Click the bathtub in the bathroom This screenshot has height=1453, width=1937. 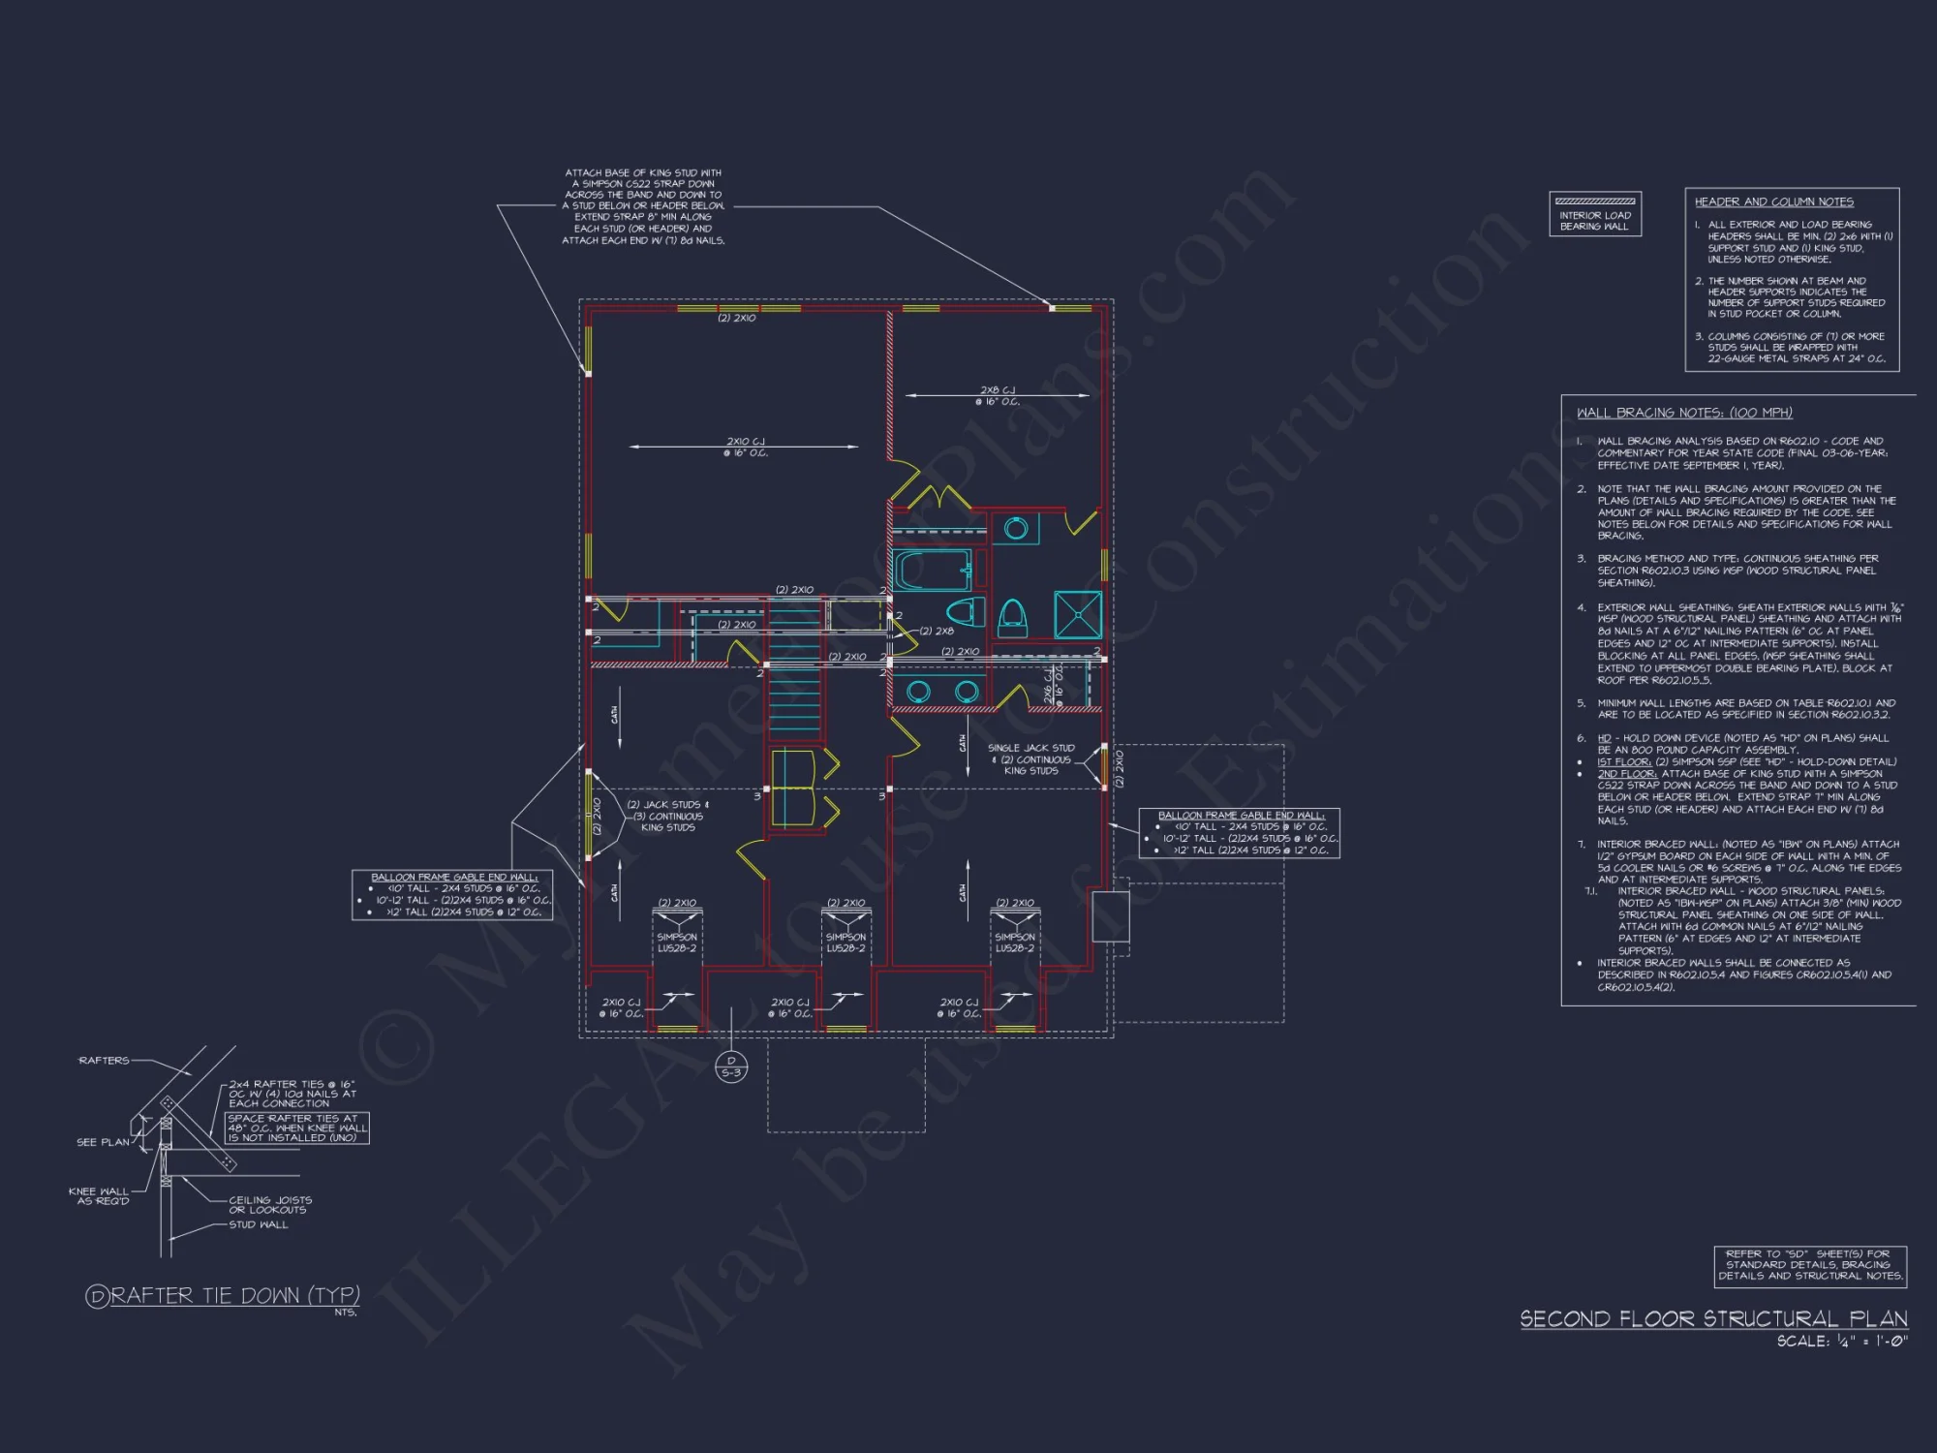[x=932, y=571]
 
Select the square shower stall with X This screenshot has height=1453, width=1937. [x=1078, y=614]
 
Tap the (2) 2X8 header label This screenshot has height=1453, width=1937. [x=937, y=632]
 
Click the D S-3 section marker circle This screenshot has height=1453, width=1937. [x=731, y=1067]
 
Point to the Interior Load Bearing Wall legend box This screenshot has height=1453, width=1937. [x=1595, y=214]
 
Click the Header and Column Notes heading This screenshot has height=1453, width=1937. [x=1773, y=201]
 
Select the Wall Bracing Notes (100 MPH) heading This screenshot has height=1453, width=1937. [x=1684, y=413]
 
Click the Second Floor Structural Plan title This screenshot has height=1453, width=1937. [x=1713, y=1319]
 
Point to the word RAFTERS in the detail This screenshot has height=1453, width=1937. [x=104, y=1061]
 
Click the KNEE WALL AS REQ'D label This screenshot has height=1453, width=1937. [x=99, y=1196]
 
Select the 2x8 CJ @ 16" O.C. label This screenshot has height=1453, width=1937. [x=998, y=396]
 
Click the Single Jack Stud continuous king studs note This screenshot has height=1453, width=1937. [x=1030, y=759]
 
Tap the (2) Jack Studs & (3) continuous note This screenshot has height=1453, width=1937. [x=667, y=816]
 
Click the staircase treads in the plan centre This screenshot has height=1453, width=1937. [x=794, y=678]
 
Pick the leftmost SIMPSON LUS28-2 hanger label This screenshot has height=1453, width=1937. [x=677, y=943]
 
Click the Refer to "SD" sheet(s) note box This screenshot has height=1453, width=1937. [x=1810, y=1265]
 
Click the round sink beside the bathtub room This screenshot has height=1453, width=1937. [x=1015, y=529]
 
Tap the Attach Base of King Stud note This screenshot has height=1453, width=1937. [x=643, y=206]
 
